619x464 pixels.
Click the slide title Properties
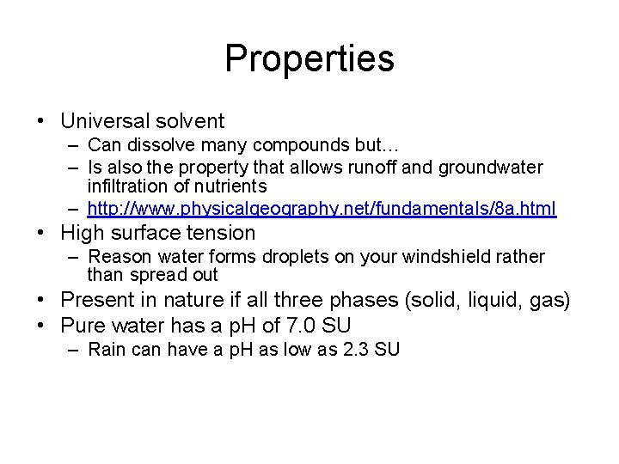[309, 58]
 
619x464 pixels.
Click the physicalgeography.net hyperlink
[322, 209]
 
